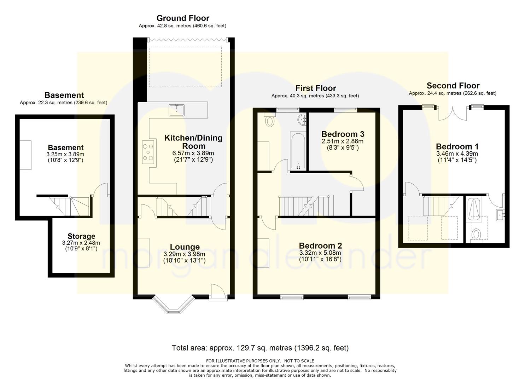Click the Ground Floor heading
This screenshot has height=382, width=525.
point(183,18)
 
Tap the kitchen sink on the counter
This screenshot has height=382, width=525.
point(176,110)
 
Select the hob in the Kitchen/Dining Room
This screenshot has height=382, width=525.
point(148,152)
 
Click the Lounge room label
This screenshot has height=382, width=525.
point(185,247)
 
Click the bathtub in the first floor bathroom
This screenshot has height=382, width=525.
point(298,151)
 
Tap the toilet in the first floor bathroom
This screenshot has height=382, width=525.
point(269,120)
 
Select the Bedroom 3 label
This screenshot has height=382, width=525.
point(343,134)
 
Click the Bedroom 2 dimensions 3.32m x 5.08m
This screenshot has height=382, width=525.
point(320,253)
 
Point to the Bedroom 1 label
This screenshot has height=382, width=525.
point(457,146)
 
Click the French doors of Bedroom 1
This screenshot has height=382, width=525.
point(453,114)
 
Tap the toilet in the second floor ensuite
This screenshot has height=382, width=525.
point(476,235)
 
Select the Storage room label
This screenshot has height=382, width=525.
point(81,236)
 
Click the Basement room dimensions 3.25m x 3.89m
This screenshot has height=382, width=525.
point(65,154)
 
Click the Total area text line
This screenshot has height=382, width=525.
point(260,348)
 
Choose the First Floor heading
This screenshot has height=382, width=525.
point(315,88)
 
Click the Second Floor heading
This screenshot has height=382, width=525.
point(453,86)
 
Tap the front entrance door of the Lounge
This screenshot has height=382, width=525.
point(218,292)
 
